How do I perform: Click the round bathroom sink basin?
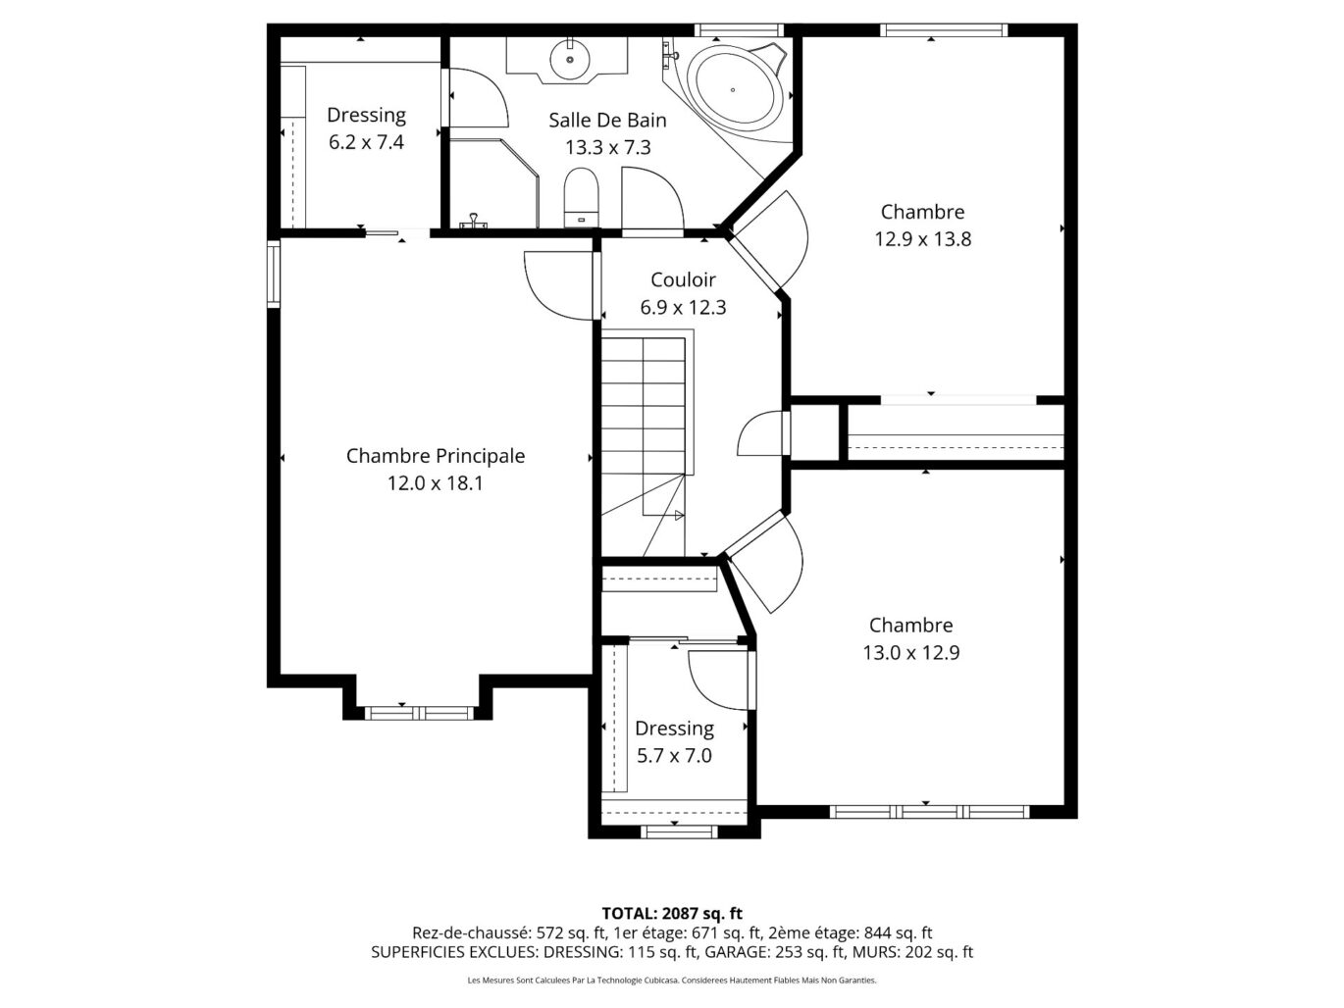pyautogui.click(x=570, y=60)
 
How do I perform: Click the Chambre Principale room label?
pyautogui.click(x=436, y=456)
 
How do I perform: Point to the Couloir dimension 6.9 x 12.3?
pyautogui.click(x=683, y=307)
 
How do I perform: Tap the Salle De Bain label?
pyautogui.click(x=607, y=120)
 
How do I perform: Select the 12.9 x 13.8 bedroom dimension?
pyautogui.click(x=923, y=238)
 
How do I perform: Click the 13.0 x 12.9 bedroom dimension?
pyautogui.click(x=911, y=652)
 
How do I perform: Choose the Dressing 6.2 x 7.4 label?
pyautogui.click(x=366, y=128)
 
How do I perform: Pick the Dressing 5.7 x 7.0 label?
pyautogui.click(x=674, y=741)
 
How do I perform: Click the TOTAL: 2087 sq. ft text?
pyautogui.click(x=672, y=914)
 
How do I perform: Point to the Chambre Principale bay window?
pyautogui.click(x=420, y=713)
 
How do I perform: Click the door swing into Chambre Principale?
pyautogui.click(x=559, y=285)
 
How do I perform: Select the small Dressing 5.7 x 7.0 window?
pyautogui.click(x=679, y=832)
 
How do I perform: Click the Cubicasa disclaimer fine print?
pyautogui.click(x=672, y=981)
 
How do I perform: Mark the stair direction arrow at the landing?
pyautogui.click(x=679, y=516)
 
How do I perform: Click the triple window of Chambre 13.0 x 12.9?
pyautogui.click(x=929, y=812)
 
